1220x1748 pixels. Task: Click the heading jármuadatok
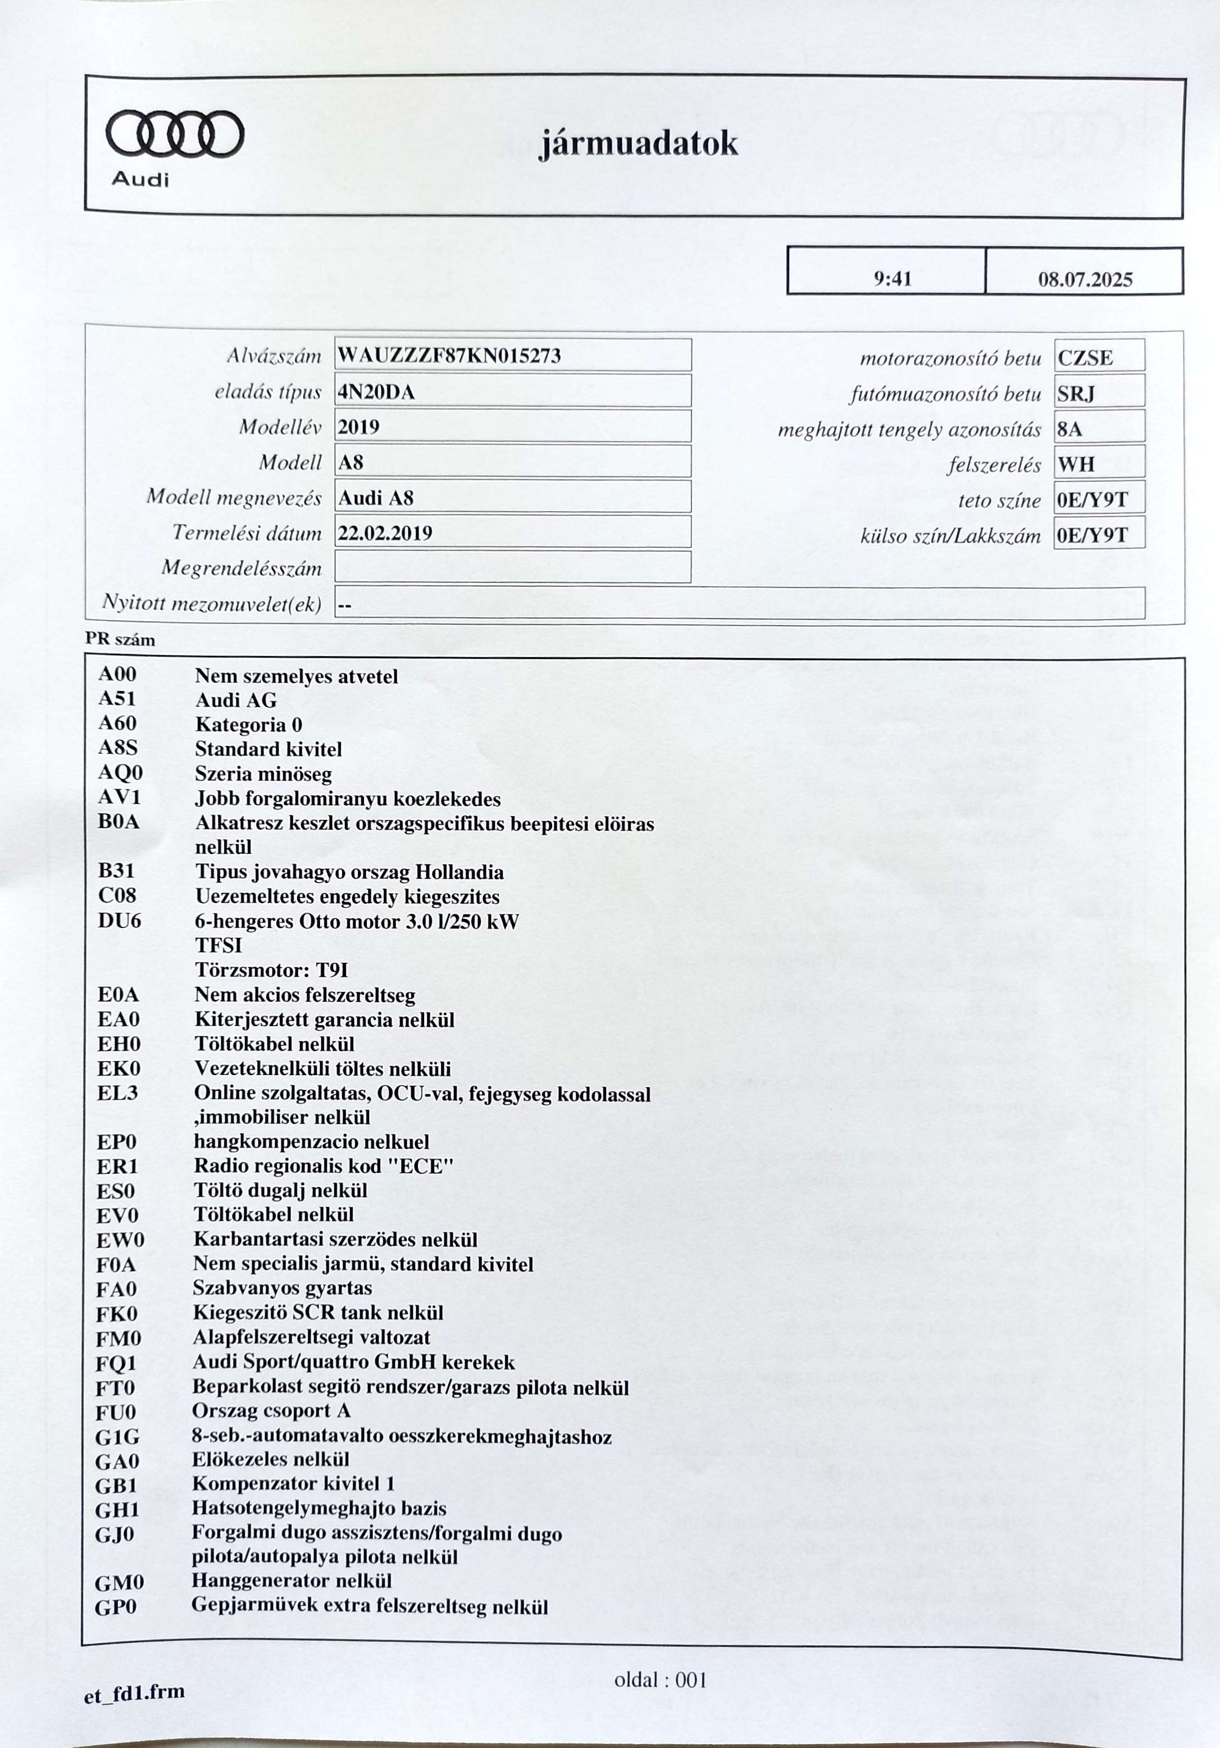tap(638, 144)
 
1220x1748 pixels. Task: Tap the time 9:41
tap(893, 279)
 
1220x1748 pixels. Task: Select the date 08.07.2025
tap(1085, 279)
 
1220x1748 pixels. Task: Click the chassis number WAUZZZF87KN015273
tap(449, 356)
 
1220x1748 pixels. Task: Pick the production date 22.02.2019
tap(385, 533)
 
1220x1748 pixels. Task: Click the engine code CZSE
tap(1085, 358)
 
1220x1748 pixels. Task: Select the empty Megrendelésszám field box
tap(512, 567)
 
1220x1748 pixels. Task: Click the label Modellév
tap(280, 427)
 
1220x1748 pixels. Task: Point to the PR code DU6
tap(120, 921)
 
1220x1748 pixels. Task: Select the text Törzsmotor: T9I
tap(272, 970)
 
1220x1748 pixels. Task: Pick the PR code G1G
tap(117, 1437)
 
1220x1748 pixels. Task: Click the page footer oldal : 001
tap(660, 1680)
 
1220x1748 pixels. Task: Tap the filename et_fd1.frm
tap(134, 1692)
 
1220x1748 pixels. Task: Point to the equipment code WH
tap(1075, 465)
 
